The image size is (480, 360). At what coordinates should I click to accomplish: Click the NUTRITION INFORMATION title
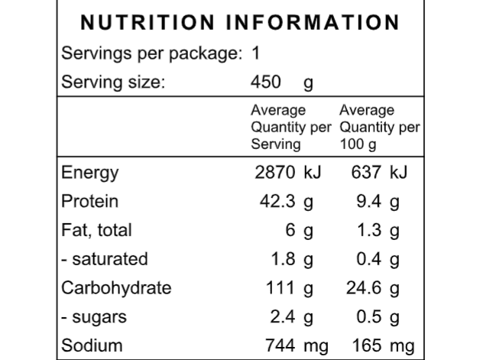click(240, 22)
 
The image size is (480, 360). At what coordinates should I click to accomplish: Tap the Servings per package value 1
click(256, 54)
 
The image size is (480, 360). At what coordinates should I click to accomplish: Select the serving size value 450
click(265, 83)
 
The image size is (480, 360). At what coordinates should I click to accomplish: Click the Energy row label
click(90, 173)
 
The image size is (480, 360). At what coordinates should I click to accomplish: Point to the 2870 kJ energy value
click(287, 173)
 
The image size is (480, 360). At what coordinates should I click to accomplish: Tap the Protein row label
click(90, 202)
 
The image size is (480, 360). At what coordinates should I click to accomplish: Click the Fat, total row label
click(96, 230)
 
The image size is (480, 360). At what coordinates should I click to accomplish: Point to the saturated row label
click(105, 259)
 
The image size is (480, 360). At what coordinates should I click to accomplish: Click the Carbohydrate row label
click(116, 288)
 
